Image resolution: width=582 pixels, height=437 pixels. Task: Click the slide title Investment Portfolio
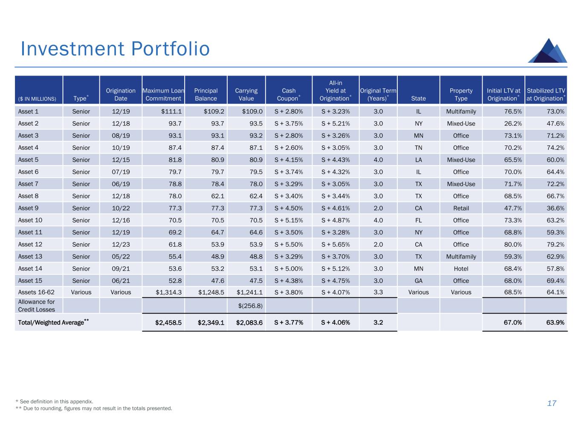coord(115,49)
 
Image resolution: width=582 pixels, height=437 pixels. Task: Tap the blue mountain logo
coord(547,51)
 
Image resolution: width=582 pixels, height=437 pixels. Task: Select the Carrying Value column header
coord(246,94)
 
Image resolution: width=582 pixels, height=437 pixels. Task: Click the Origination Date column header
coord(121,94)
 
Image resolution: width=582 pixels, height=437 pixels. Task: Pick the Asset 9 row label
coord(28,208)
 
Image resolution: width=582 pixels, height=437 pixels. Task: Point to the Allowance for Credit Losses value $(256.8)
coord(250,306)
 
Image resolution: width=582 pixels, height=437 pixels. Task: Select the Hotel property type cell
coord(461,269)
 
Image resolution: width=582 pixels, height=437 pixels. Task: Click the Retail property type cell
coord(461,208)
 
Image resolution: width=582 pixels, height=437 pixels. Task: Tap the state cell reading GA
coord(418,281)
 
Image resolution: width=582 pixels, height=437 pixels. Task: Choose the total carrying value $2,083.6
coord(249,323)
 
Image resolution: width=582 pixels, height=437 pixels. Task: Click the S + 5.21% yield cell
coord(336,124)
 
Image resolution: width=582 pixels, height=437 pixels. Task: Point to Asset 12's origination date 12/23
coord(121,245)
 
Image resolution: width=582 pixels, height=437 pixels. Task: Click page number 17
coord(552,403)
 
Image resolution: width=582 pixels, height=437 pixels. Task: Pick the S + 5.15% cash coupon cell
coord(289,221)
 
